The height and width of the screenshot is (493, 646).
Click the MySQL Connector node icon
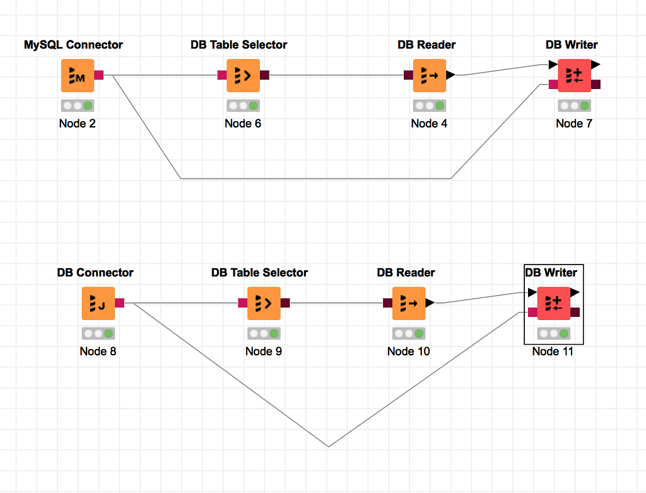[78, 75]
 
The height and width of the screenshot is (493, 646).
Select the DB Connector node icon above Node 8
[98, 303]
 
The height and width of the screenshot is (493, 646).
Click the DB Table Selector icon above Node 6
[243, 75]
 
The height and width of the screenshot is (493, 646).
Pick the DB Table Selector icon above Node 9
[264, 303]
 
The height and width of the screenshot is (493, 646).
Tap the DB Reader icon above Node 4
[429, 75]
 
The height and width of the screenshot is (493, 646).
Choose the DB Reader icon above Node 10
[409, 303]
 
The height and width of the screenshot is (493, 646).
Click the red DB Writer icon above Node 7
[574, 75]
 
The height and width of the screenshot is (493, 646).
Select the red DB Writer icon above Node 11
[553, 303]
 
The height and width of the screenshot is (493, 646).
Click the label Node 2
[78, 123]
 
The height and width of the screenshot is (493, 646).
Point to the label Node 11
[553, 351]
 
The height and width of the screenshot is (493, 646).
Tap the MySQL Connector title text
[73, 45]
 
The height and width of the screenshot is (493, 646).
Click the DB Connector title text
[95, 273]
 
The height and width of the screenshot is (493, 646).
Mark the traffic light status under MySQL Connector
[78, 105]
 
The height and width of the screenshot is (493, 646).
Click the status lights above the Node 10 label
[409, 333]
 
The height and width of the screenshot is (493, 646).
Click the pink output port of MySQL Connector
[99, 75]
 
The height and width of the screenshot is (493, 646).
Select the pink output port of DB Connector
[120, 303]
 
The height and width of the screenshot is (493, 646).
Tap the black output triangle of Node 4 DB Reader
[450, 75]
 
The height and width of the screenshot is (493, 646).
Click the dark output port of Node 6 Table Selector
[264, 75]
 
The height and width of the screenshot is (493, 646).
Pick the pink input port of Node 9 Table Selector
[242, 303]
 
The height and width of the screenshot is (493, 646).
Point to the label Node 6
[243, 123]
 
